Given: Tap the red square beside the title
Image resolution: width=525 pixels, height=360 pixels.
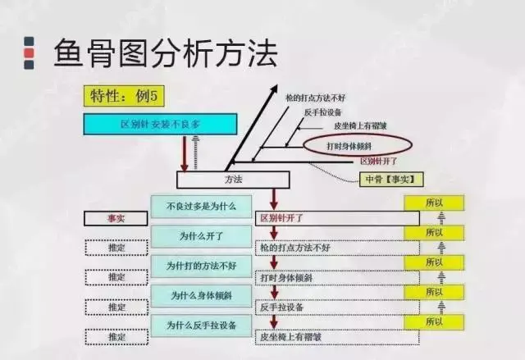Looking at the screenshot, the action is pos(29,54).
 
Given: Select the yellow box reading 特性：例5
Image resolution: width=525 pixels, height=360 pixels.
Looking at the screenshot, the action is pos(124,95).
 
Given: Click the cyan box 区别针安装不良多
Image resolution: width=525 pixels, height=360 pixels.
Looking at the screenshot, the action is pos(161,125).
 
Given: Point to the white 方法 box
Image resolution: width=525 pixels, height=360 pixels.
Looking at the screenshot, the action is pos(233,179).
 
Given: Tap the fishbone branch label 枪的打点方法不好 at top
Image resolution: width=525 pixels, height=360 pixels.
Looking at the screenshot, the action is pos(315,98).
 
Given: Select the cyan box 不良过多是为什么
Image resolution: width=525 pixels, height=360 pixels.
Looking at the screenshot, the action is pos(201,206).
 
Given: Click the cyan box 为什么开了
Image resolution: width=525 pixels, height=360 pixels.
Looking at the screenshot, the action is pos(201,236).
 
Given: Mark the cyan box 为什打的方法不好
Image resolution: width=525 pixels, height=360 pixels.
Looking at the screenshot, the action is pos(201,266).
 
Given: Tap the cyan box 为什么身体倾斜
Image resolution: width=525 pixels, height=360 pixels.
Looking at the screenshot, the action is pos(201,295).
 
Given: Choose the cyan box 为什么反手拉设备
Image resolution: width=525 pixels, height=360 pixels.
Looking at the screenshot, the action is pos(201,325).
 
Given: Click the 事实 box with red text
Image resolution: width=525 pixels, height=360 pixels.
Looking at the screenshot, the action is pos(116,219).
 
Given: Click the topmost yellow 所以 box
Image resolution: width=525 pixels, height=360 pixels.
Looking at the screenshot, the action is pos(434,203).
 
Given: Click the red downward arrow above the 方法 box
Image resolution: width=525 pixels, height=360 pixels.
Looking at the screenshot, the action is pos(185,153).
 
